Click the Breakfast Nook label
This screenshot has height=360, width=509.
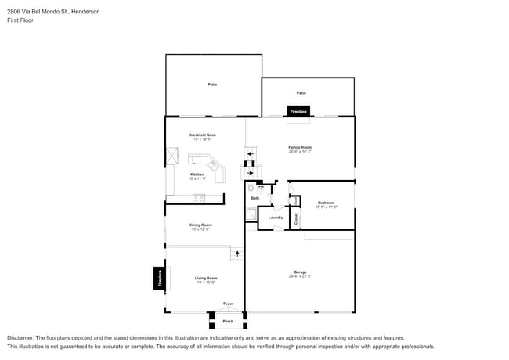pyautogui.click(x=202, y=135)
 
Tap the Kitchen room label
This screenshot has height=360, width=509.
pyautogui.click(x=197, y=175)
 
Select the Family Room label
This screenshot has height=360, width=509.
pyautogui.click(x=301, y=146)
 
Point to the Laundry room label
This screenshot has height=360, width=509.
pyautogui.click(x=276, y=218)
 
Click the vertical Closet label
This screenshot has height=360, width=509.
pyautogui.click(x=296, y=219)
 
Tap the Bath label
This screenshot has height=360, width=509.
pyautogui.click(x=255, y=198)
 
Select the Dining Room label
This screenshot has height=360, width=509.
pyautogui.click(x=200, y=225)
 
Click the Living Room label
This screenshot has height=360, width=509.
pyautogui.click(x=206, y=278)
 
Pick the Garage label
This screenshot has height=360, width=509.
pyautogui.click(x=300, y=272)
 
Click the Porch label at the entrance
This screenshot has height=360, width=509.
pyautogui.click(x=228, y=321)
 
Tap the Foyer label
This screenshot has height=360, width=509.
pyautogui.click(x=228, y=304)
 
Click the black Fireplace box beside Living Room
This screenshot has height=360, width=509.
pyautogui.click(x=159, y=278)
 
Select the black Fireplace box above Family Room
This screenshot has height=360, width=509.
pyautogui.click(x=298, y=111)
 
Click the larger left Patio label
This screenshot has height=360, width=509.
pyautogui.click(x=212, y=84)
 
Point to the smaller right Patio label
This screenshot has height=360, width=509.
pyautogui.click(x=301, y=92)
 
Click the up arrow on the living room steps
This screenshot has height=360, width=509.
pyautogui.click(x=236, y=254)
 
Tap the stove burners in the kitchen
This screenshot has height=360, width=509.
pyautogui.click(x=199, y=198)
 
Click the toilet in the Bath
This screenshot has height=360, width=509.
pyautogui.click(x=251, y=189)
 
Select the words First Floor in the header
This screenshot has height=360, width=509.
pyautogui.click(x=21, y=20)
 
